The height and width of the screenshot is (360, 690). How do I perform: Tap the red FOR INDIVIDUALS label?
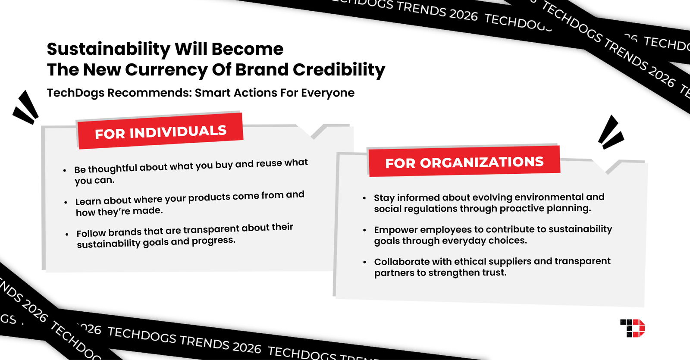tap(160, 131)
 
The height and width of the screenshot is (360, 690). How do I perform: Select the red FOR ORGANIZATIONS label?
tap(464, 162)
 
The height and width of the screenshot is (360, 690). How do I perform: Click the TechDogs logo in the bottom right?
tap(633, 328)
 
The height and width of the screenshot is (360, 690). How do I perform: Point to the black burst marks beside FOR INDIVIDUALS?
tap(26, 108)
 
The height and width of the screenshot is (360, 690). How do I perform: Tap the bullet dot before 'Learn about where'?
tap(66, 202)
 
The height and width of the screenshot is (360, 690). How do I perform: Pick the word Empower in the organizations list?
tap(392, 229)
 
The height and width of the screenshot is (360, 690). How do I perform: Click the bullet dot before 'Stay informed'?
tap(364, 198)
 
